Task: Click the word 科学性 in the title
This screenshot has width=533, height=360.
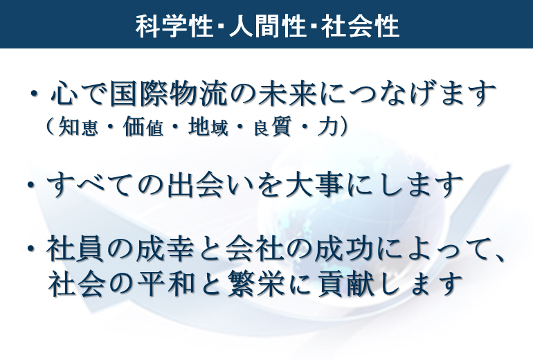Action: pos(174,26)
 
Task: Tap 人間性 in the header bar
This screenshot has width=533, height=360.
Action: pos(267,26)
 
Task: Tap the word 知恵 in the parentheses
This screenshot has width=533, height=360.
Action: pos(78,127)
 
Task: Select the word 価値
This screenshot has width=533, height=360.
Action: pos(143,127)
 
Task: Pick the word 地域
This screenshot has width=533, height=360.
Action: pos(208,127)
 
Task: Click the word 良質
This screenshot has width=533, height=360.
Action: pos(273,127)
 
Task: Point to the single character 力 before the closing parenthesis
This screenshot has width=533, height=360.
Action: pos(327,127)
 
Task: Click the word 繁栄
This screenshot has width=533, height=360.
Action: pos(256,283)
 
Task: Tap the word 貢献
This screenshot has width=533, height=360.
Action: pos(345,283)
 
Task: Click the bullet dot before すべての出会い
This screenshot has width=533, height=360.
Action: pos(31,186)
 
